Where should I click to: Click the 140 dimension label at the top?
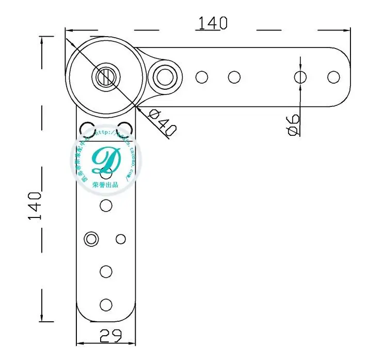point(212,23)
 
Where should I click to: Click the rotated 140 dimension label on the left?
point(35,206)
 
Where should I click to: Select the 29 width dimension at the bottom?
point(110,336)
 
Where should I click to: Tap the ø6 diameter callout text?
point(293,124)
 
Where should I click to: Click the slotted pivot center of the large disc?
point(105,77)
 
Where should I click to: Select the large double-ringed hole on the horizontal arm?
point(165,77)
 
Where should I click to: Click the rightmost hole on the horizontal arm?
point(333,77)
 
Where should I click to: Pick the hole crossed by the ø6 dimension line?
point(300,77)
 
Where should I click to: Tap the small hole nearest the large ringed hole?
point(202,77)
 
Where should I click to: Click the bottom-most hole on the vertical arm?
point(106,304)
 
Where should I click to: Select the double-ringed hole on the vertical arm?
point(92,239)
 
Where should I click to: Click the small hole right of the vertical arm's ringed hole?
point(121,239)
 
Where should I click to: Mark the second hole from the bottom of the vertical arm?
point(106,271)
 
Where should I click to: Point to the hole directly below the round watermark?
point(106,206)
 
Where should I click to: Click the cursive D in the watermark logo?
point(106,161)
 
